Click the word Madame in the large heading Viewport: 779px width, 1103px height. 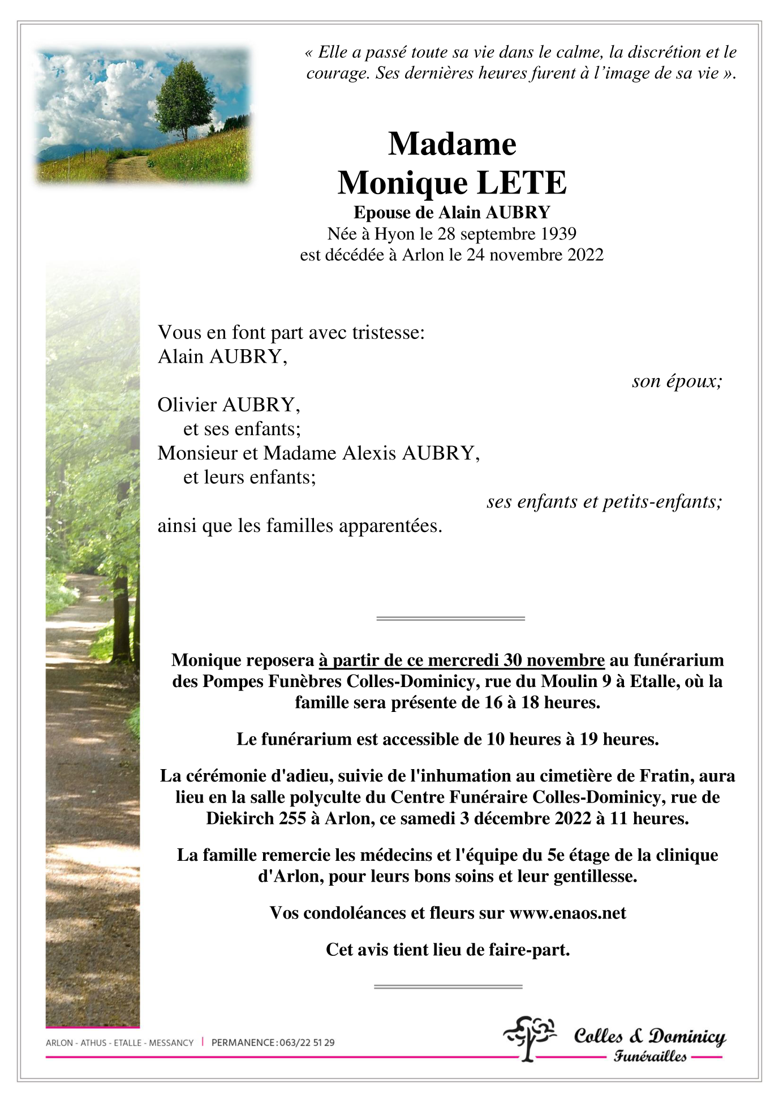coord(452,144)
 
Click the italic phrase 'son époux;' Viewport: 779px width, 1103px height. coord(677,381)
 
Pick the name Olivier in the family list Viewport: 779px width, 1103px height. coord(187,405)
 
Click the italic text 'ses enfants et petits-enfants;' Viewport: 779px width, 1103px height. coord(604,501)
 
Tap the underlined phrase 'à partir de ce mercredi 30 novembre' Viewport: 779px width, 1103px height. coord(462,660)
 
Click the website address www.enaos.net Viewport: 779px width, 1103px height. coord(567,913)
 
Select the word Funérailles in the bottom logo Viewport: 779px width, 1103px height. coord(650,1056)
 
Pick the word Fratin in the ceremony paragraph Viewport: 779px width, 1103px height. coord(668,775)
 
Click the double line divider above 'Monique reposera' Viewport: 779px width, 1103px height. coord(450,618)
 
